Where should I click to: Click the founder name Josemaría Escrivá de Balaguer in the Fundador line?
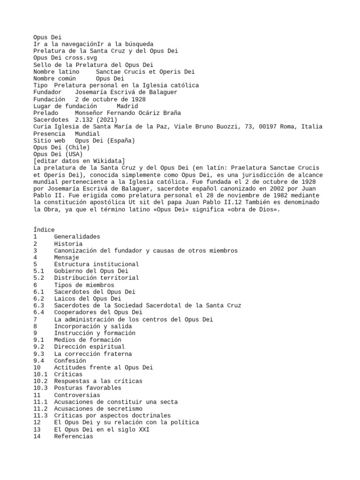pos(126,92)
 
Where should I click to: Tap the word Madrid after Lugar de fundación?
pos(127,106)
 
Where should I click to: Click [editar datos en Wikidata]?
pos(79,161)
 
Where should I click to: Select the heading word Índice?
pos(44,230)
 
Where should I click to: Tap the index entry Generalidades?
pos(77,237)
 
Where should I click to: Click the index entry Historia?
pos(68,244)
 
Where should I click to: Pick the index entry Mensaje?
pos(66,257)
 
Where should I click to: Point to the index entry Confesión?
pos(70,361)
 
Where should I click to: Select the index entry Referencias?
pos(73,436)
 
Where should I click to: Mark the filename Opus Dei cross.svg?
pos(65,58)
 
